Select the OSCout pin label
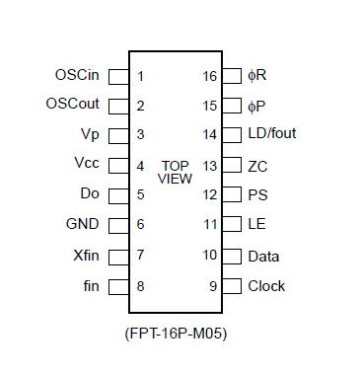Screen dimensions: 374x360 click(x=74, y=105)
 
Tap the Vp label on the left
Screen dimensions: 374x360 click(x=90, y=135)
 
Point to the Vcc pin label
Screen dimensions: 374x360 click(x=87, y=165)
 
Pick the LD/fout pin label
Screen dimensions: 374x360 click(x=271, y=135)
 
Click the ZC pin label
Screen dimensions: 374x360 click(x=257, y=166)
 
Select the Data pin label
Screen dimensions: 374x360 click(x=263, y=257)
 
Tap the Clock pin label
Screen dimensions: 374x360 click(x=266, y=286)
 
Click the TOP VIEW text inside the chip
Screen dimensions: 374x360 click(x=176, y=173)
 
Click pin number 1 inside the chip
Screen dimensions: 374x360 click(x=141, y=76)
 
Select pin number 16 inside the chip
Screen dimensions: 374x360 click(x=209, y=76)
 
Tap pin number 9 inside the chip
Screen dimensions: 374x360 click(x=212, y=286)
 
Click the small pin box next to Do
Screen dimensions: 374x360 click(x=117, y=195)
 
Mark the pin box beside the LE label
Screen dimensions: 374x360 click(x=232, y=225)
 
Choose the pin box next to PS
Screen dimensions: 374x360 click(x=232, y=195)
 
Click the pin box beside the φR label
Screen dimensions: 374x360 click(x=232, y=76)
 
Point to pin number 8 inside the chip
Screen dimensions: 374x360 click(x=141, y=286)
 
